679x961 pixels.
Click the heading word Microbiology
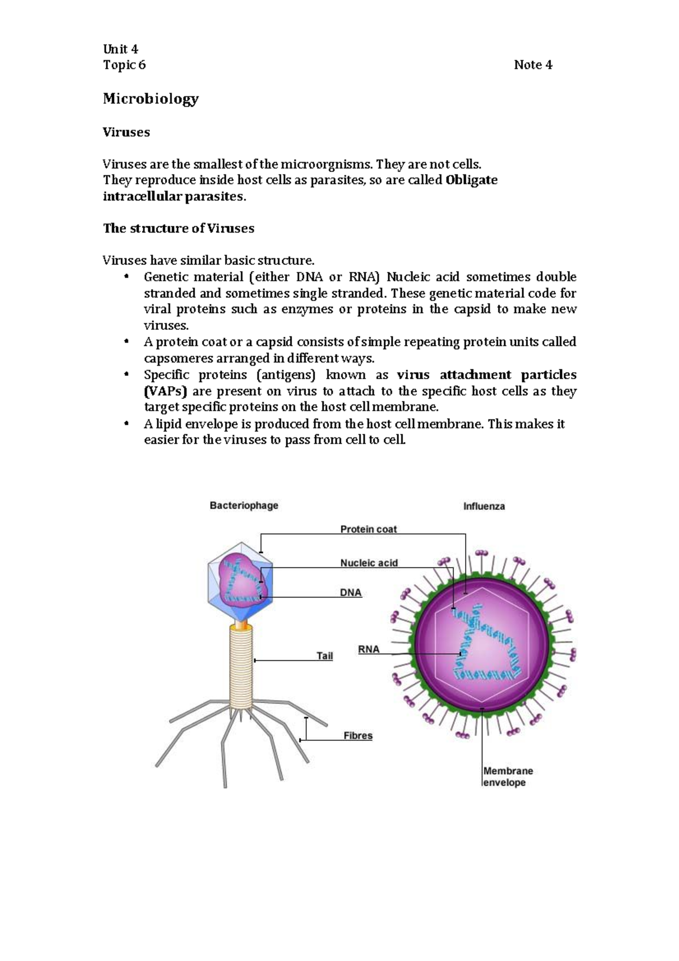(151, 99)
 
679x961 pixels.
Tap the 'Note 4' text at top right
(532, 65)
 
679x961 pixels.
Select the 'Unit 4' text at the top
(120, 49)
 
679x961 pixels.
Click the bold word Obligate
(471, 181)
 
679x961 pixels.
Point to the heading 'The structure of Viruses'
(178, 229)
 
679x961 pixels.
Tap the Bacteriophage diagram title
(244, 505)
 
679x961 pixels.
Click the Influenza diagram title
(484, 507)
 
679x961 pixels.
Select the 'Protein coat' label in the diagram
(368, 530)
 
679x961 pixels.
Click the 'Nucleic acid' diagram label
(369, 563)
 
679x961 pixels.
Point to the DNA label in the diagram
(350, 593)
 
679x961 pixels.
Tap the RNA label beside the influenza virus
(368, 650)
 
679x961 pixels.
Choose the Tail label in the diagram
(324, 657)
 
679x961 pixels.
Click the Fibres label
(358, 736)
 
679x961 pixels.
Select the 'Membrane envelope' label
(508, 777)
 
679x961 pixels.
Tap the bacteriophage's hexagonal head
(240, 583)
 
